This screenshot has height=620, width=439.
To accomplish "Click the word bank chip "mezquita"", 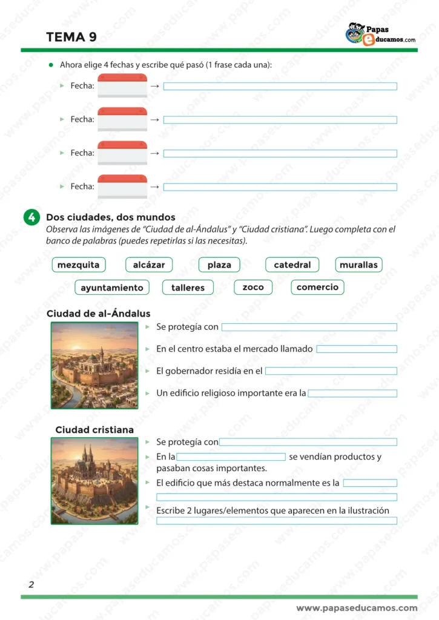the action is [x=79, y=265].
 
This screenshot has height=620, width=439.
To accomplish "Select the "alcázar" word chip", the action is [x=149, y=265].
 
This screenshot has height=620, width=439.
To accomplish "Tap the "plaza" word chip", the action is [x=219, y=265].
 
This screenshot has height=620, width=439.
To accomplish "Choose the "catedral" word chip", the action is [x=292, y=265].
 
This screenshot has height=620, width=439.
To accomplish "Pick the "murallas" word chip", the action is [x=358, y=265].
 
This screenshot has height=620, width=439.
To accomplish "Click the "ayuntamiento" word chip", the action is [x=112, y=288].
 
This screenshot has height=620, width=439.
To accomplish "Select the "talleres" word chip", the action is [x=188, y=288].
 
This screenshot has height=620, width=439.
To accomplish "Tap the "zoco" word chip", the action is [x=253, y=287].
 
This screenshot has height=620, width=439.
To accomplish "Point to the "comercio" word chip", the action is [x=317, y=287].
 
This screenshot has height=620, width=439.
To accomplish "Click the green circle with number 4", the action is [x=31, y=218].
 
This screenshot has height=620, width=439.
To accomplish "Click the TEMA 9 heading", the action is [x=71, y=37].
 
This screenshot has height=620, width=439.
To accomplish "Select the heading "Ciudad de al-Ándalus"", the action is [x=98, y=314].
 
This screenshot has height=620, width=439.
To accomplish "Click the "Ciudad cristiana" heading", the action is [x=94, y=430].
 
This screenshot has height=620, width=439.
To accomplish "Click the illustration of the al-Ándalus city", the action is [x=94, y=365].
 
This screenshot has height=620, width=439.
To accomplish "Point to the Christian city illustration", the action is [x=94, y=481].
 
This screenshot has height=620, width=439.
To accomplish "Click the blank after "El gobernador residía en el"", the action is [x=331, y=371].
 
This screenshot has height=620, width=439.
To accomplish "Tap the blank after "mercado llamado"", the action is [x=357, y=349].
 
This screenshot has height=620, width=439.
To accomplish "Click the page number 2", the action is [x=31, y=584].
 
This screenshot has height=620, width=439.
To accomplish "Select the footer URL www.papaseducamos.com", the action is [x=357, y=608].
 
